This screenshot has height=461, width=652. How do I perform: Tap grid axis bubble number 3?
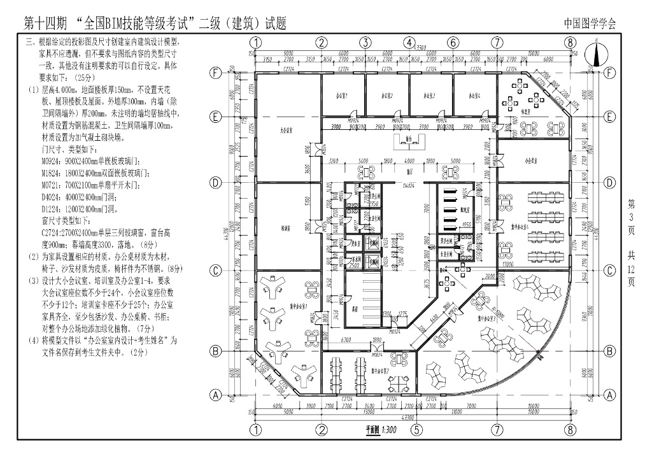(x=365, y=43)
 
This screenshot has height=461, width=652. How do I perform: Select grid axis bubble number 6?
(x=453, y=43)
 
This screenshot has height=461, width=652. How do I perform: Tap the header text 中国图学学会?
(x=590, y=24)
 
